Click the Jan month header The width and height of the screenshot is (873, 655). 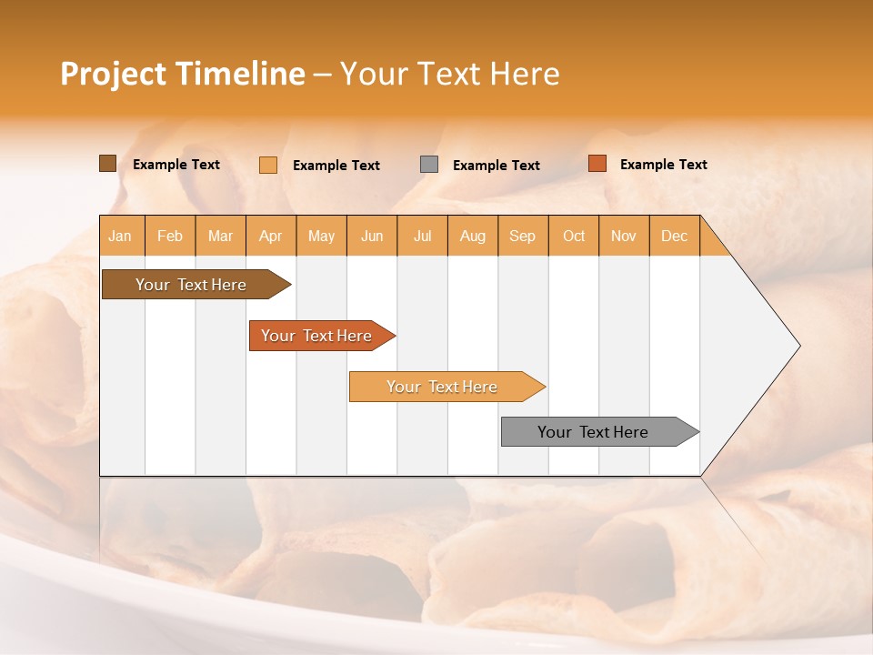[x=121, y=236]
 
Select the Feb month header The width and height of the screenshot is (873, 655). [x=170, y=236]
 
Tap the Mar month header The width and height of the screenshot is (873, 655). [x=220, y=236]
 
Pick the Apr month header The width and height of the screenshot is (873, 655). [x=271, y=236]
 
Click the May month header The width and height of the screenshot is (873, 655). [x=321, y=236]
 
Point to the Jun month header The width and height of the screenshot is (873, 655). [x=372, y=236]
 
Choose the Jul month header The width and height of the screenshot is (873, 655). [x=423, y=236]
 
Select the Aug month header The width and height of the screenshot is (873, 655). [x=473, y=236]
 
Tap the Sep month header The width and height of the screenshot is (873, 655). [x=523, y=236]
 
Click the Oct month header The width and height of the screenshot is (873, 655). [x=574, y=236]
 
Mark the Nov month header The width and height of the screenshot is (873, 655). [x=624, y=236]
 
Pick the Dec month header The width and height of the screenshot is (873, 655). [x=675, y=236]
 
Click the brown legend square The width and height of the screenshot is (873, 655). [x=107, y=164]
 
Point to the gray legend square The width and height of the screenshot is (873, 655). [x=429, y=165]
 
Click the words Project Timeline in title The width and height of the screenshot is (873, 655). [x=183, y=74]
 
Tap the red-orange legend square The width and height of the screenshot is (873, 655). [x=597, y=164]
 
